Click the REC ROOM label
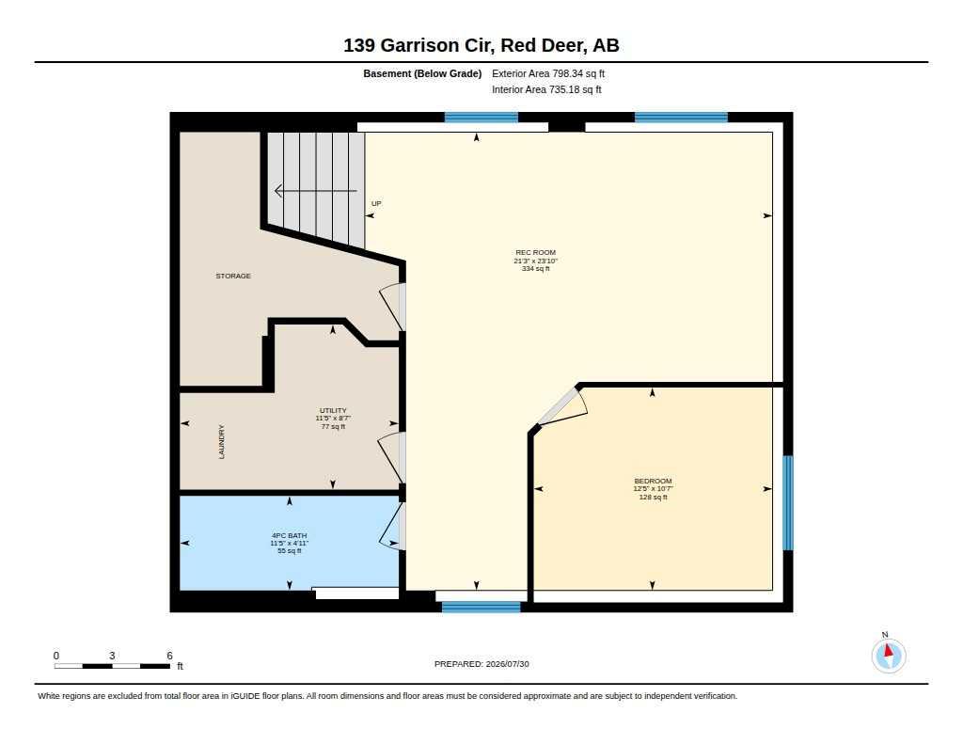pyautogui.click(x=535, y=252)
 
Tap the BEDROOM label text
pyautogui.click(x=653, y=481)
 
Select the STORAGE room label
pyautogui.click(x=233, y=276)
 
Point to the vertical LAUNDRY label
pyautogui.click(x=222, y=442)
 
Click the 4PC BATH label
pyautogui.click(x=290, y=536)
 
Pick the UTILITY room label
pyautogui.click(x=333, y=410)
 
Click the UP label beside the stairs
pyautogui.click(x=376, y=203)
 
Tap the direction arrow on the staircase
pyautogui.click(x=316, y=191)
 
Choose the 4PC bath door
pyautogui.click(x=393, y=526)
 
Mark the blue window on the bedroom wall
pyautogui.click(x=788, y=503)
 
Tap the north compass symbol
pyautogui.click(x=889, y=656)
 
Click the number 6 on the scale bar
pyautogui.click(x=169, y=656)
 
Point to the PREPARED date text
pyautogui.click(x=481, y=664)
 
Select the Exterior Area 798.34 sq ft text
pyautogui.click(x=548, y=73)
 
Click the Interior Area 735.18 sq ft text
pyautogui.click(x=546, y=89)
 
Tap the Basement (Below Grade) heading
pyautogui.click(x=422, y=73)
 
